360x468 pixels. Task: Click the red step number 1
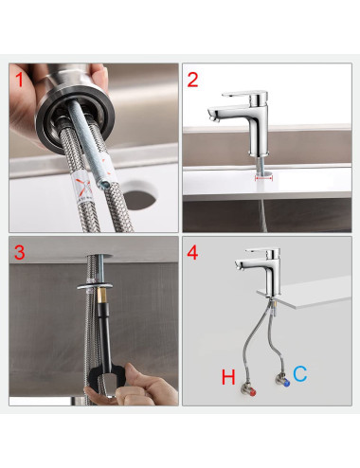(x=20, y=80)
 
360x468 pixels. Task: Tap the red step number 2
(x=192, y=80)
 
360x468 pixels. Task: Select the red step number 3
(x=20, y=253)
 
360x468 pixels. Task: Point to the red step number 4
(x=192, y=253)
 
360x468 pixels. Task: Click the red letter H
(x=228, y=377)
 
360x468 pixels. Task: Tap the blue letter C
(x=300, y=373)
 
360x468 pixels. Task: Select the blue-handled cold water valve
(x=282, y=380)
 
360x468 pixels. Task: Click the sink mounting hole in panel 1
(x=139, y=195)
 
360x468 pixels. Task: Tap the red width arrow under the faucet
(x=264, y=178)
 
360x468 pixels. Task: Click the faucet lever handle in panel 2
(x=244, y=95)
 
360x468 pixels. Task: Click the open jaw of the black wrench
(x=107, y=383)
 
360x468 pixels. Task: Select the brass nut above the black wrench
(x=103, y=297)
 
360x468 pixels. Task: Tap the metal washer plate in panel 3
(x=95, y=286)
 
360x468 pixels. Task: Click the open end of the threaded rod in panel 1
(x=102, y=185)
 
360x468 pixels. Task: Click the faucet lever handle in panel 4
(x=262, y=251)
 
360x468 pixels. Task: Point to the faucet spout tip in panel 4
(x=239, y=266)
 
